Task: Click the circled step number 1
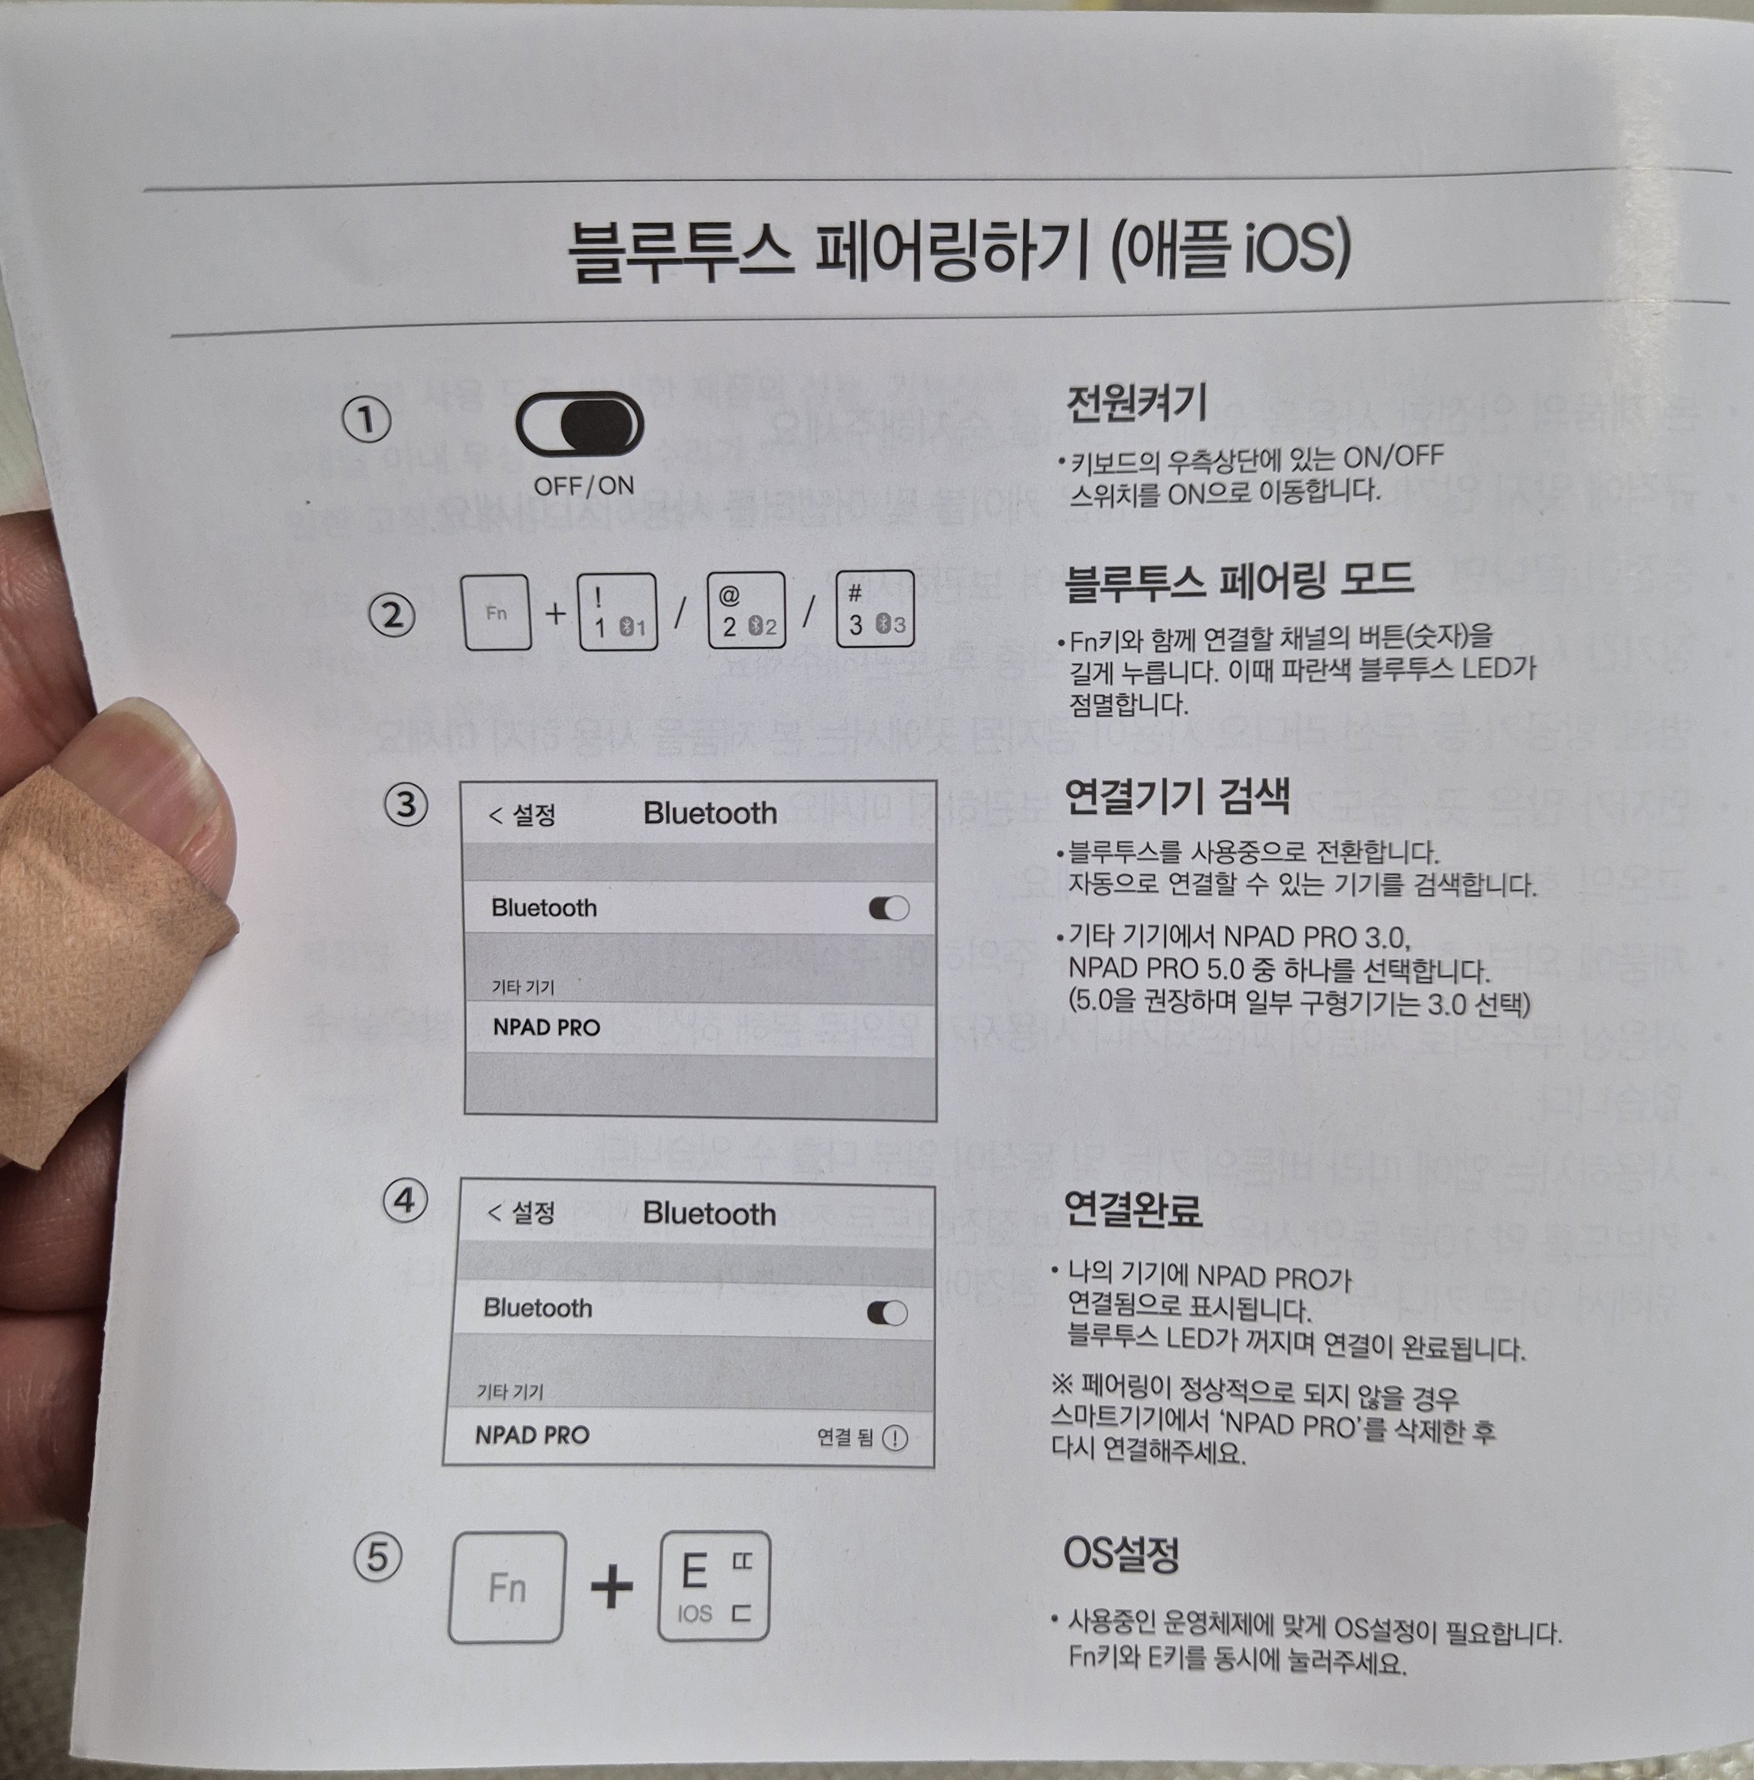pyautogui.click(x=367, y=421)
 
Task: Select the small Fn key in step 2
pyautogui.click(x=496, y=612)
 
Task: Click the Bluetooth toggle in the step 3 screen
pyautogui.click(x=889, y=909)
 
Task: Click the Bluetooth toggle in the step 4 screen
pyautogui.click(x=887, y=1313)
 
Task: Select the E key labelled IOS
pyautogui.click(x=713, y=1587)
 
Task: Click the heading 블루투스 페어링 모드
pyautogui.click(x=1238, y=581)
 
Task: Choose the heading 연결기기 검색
pyautogui.click(x=1176, y=795)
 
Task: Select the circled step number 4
pyautogui.click(x=405, y=1201)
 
